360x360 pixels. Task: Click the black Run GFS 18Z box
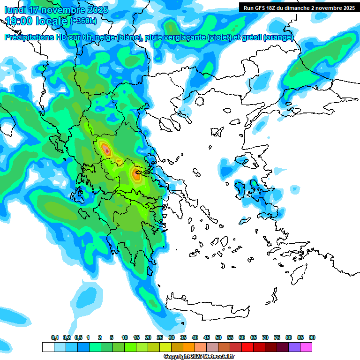coord(299,7)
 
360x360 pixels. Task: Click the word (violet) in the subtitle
coord(219,37)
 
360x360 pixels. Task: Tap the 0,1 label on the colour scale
coord(55,337)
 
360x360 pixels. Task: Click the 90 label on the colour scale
coord(312,337)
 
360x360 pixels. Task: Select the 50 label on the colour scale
coord(218,337)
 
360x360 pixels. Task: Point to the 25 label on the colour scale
coord(160,337)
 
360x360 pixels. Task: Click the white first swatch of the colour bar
coord(48,347)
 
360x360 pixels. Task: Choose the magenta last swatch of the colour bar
coord(306,347)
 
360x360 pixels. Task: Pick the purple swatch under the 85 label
coord(294,347)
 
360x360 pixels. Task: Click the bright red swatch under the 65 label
coord(247,347)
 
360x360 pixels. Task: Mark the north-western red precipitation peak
coord(106,150)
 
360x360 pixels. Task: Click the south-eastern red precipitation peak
coord(136,174)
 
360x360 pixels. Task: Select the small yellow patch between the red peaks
coord(119,161)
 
